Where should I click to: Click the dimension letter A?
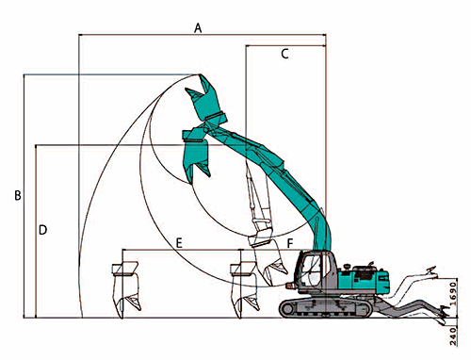198,28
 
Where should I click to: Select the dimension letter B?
18,195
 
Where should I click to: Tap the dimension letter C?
284,54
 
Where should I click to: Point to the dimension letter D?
42,230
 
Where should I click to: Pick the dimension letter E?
179,243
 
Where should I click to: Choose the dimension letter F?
290,243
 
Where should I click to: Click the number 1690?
452,294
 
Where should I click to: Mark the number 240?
453,336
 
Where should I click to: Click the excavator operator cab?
313,270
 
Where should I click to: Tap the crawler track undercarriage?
327,307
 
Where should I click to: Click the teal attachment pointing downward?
196,154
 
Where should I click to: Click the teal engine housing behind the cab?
365,279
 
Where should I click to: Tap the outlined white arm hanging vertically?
260,201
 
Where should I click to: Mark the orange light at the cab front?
289,286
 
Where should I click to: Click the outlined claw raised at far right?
431,272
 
